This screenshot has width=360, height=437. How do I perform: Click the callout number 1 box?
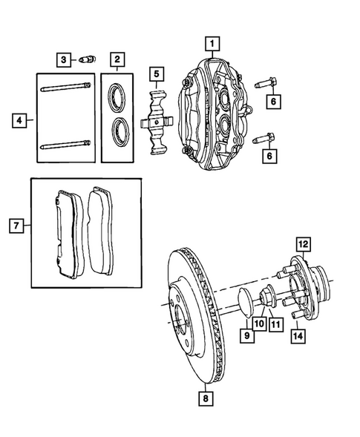212,43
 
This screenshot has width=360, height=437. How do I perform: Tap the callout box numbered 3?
65,59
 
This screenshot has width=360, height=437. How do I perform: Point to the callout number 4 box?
20,119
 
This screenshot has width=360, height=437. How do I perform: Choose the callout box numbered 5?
157,73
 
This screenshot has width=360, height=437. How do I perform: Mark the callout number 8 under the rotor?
205,398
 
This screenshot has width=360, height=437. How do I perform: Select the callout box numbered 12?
302,243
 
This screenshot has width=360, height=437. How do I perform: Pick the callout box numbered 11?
275,323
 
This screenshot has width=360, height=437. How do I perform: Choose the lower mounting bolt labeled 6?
266,137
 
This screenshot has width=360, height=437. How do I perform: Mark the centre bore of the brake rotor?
180,324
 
